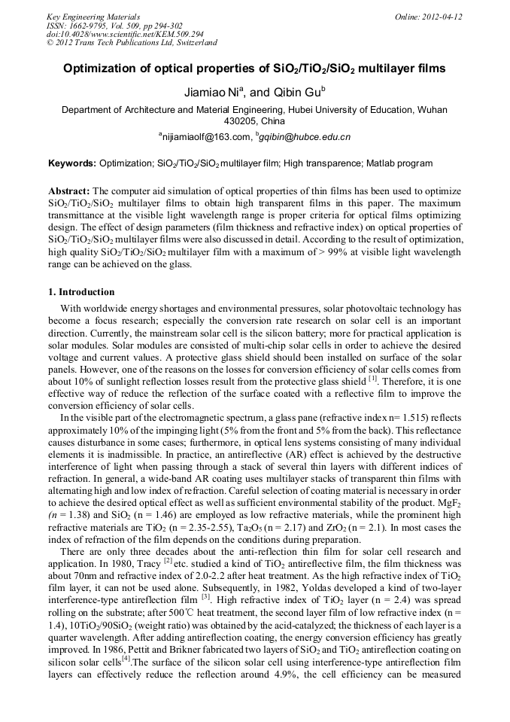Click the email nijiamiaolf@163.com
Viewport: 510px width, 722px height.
[x=204, y=137]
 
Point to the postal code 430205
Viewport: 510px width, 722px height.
[x=241, y=120]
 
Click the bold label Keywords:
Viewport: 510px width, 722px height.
[x=72, y=163]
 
